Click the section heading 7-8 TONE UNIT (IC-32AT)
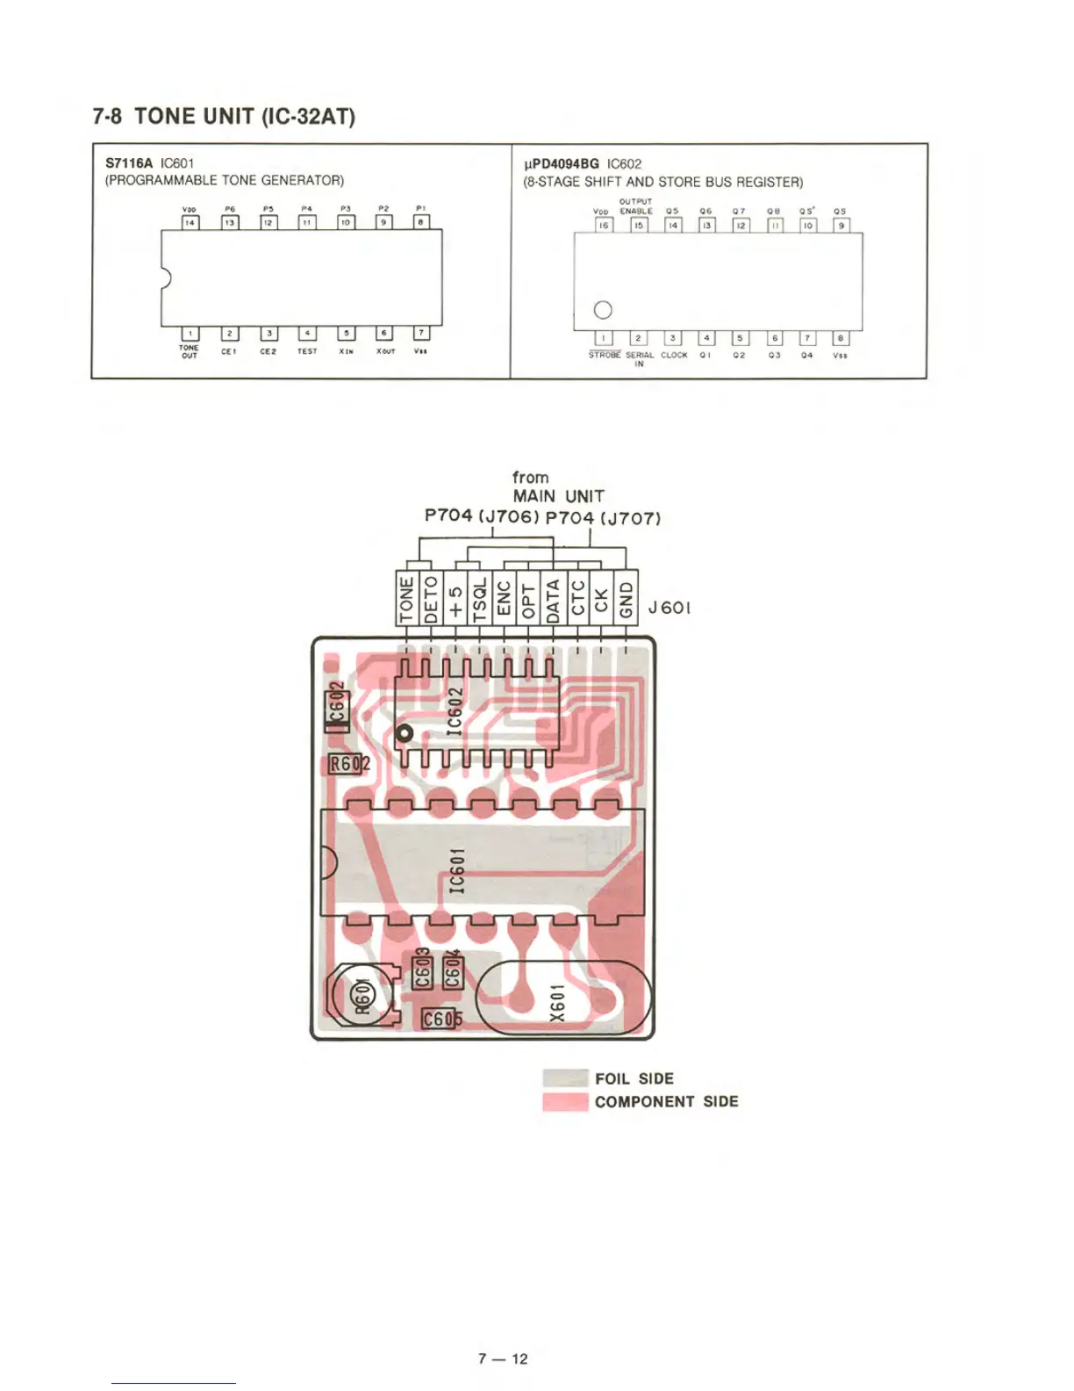(x=224, y=117)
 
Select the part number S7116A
(x=129, y=163)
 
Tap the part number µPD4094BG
(x=561, y=164)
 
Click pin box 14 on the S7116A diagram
(x=190, y=223)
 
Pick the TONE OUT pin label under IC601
(x=190, y=351)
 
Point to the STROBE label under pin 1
(x=605, y=355)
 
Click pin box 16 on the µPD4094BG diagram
(x=603, y=226)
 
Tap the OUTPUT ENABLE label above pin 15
(x=636, y=206)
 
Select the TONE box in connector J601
(x=406, y=600)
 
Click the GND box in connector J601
(x=626, y=600)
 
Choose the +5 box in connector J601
(x=455, y=600)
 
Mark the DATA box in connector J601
(x=553, y=600)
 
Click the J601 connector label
(x=669, y=608)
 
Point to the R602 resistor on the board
(x=347, y=764)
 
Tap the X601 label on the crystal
(x=557, y=1002)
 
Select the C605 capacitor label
(x=440, y=1019)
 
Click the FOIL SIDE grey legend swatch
(x=565, y=1078)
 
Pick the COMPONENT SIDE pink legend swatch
(x=565, y=1101)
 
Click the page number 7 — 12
(x=503, y=1359)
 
